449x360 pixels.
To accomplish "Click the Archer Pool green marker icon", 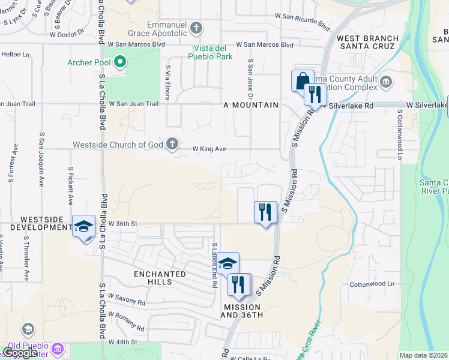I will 120,61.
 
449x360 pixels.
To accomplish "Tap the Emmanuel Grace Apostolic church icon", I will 196,28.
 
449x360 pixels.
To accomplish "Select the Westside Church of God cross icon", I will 172,144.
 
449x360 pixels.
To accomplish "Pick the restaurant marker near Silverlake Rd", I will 315,94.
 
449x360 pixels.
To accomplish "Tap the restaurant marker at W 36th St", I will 265,212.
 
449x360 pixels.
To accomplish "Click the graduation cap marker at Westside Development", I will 84,226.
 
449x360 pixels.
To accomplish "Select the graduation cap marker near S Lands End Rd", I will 228,263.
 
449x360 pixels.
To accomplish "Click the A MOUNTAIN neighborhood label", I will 250,105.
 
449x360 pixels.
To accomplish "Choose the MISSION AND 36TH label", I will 243,311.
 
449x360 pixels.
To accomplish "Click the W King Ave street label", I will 209,149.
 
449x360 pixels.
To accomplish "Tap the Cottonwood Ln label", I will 374,283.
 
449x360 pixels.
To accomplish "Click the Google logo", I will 20,353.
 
